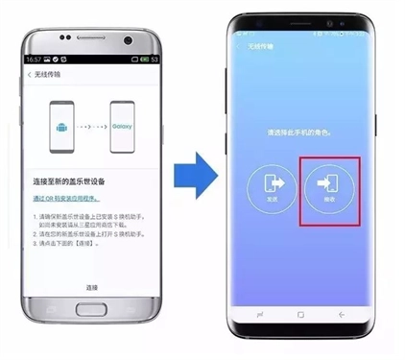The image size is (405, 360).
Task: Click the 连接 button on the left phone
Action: (92, 287)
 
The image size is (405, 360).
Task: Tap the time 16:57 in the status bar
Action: (36, 59)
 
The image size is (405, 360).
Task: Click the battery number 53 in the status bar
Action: (153, 59)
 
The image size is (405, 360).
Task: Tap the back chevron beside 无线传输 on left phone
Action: (29, 75)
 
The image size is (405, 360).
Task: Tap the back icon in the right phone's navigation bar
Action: (341, 315)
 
